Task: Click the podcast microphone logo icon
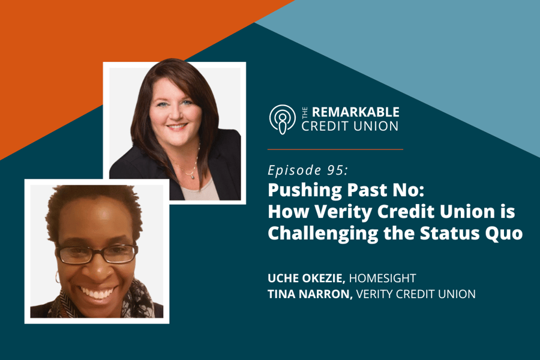282,118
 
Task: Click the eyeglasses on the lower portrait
97,254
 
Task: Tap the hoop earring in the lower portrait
58,277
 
